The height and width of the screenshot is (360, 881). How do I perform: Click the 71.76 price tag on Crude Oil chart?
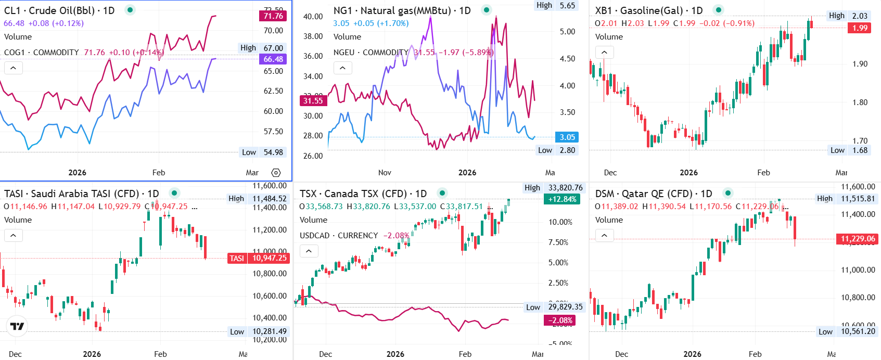point(273,16)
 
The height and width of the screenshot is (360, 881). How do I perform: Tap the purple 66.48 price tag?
point(273,59)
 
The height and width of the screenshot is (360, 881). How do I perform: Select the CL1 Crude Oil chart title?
point(59,10)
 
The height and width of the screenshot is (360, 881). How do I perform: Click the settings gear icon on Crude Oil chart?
point(276,173)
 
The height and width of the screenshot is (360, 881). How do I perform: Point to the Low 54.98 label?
point(262,152)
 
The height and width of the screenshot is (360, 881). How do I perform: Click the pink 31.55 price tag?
point(313,101)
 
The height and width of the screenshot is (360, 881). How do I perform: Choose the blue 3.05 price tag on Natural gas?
point(567,137)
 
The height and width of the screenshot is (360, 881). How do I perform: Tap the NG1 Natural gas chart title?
point(402,10)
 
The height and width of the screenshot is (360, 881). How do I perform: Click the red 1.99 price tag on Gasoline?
point(860,28)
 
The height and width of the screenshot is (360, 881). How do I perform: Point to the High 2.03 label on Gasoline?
point(848,16)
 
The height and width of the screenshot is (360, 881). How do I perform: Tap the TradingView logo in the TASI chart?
point(17,326)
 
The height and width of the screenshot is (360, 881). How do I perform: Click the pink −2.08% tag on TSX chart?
point(559,320)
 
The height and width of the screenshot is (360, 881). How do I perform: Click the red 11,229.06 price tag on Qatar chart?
point(858,239)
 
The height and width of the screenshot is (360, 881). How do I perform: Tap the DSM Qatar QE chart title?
point(653,194)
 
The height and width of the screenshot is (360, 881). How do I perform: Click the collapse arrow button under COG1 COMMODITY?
point(14,68)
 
